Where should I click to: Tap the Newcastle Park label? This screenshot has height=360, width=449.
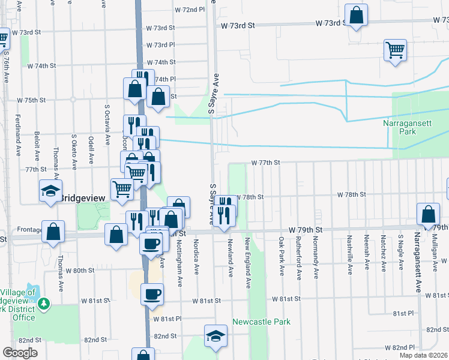click(x=261, y=322)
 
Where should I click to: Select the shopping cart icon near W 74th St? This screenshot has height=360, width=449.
click(x=396, y=50)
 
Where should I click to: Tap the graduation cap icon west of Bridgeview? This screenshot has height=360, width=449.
click(x=51, y=191)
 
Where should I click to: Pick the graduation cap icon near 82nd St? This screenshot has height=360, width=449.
click(x=215, y=336)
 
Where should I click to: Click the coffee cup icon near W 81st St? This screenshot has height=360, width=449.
click(x=152, y=294)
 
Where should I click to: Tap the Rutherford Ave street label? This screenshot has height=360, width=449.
click(x=299, y=257)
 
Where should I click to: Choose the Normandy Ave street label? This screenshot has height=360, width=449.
click(x=316, y=257)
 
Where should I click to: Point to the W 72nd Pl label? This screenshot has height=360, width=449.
click(x=189, y=10)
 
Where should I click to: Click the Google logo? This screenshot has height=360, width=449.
click(x=20, y=353)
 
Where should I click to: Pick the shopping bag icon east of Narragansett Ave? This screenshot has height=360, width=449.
click(x=428, y=214)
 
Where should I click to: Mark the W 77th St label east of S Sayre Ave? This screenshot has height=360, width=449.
click(x=266, y=163)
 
